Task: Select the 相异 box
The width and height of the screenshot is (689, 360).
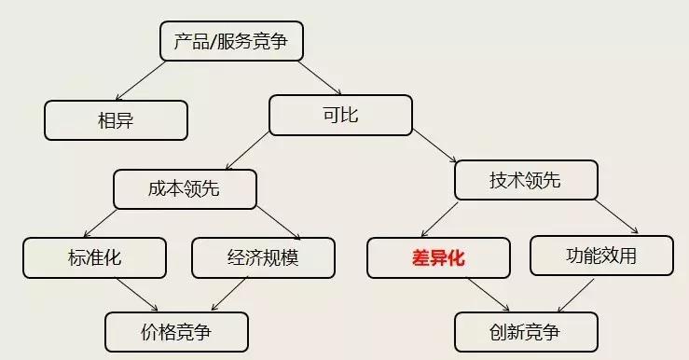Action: [117, 119]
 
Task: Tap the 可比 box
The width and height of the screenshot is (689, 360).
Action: [340, 116]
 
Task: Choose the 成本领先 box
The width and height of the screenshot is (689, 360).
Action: [185, 187]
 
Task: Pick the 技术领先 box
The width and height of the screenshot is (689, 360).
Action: [525, 180]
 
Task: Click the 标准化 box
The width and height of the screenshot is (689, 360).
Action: [94, 257]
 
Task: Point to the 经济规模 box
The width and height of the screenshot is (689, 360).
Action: [263, 257]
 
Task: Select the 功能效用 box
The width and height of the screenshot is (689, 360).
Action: [601, 255]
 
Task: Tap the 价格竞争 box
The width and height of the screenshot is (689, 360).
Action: [176, 331]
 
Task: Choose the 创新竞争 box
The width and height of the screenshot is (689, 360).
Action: [526, 331]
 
